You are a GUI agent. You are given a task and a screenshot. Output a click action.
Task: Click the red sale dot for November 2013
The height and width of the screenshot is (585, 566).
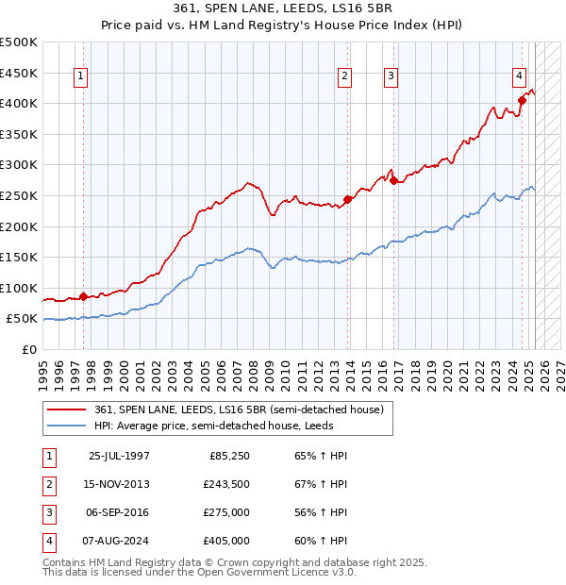tap(348, 199)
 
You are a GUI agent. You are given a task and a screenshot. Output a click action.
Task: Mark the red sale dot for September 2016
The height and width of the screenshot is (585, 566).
tap(393, 180)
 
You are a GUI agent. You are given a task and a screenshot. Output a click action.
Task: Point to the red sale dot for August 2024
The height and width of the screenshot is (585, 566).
tap(522, 100)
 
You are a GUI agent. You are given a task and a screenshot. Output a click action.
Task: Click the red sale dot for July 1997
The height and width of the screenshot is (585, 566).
tap(83, 296)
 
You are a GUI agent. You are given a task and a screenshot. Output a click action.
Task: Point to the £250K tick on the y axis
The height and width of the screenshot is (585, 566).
tap(19, 195)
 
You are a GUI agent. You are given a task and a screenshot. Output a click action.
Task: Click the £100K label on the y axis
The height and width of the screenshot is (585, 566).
tap(19, 288)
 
